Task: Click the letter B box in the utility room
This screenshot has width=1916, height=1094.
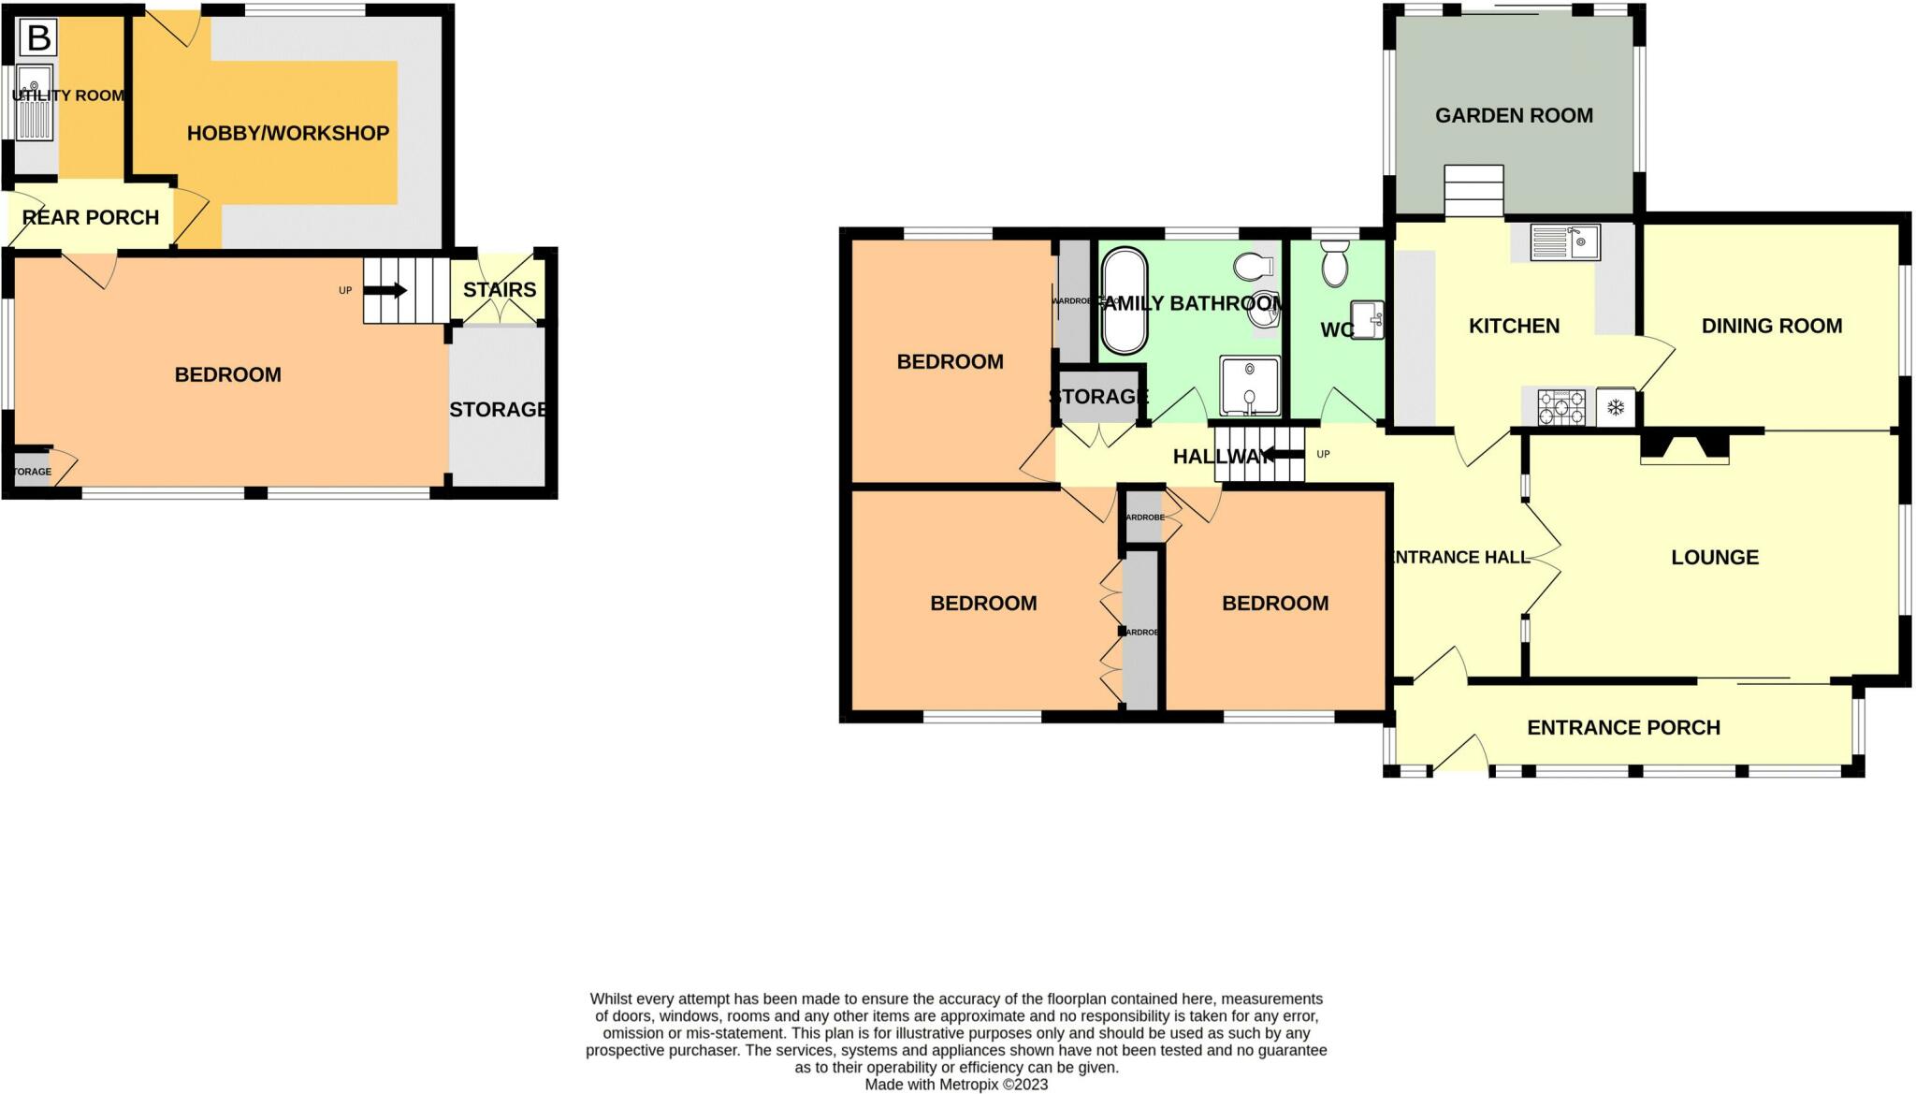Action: pos(38,38)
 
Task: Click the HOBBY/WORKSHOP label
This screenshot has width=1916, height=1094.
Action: pos(288,133)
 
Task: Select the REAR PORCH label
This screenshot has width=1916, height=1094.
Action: pos(91,218)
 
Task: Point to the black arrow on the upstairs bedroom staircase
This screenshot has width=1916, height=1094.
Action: pos(385,290)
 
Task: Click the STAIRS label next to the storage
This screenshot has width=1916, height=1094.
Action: pos(500,290)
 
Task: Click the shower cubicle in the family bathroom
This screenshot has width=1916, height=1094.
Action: pos(1249,385)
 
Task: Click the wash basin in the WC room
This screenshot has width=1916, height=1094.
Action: pos(1367,320)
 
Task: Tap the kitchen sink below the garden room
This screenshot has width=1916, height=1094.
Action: pos(1565,243)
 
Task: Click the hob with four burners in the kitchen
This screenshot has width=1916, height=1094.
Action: pos(1561,407)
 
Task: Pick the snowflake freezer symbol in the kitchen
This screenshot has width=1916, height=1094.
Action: pos(1615,407)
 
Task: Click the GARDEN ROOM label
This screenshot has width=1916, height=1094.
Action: pos(1514,116)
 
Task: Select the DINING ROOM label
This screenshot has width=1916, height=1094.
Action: pos(1771,327)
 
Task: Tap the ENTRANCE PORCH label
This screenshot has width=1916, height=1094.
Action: pos(1623,728)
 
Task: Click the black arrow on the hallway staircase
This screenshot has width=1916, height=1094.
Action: pos(1283,456)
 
